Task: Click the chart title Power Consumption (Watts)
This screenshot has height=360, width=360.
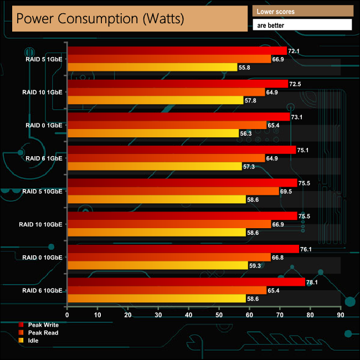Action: coord(100,18)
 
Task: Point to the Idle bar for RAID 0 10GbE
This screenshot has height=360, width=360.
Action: coord(157,265)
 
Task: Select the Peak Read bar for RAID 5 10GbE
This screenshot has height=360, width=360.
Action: coord(173,191)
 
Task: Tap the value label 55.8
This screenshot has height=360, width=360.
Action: coord(244,68)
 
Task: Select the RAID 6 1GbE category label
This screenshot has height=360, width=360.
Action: coord(44,158)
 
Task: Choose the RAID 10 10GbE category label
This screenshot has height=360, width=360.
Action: coord(40,224)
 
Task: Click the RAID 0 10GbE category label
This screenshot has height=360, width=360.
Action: coord(42,257)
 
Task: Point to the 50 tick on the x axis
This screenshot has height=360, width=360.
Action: coord(219,315)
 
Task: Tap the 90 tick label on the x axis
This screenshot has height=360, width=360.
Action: coord(341,315)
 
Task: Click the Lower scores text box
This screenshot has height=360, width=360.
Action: coord(302,11)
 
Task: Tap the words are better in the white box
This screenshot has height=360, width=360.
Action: coord(302,25)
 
